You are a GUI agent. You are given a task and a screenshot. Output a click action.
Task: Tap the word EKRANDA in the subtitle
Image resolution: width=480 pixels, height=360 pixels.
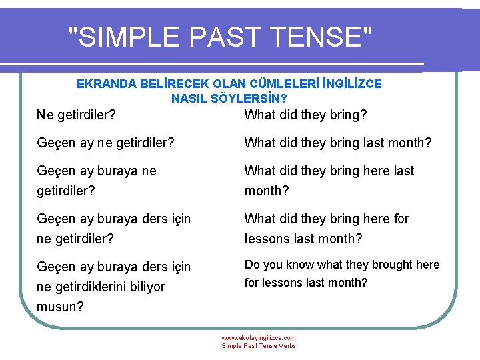click(x=105, y=84)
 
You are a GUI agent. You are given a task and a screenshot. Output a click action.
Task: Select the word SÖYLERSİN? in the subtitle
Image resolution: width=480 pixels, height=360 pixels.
click(x=259, y=98)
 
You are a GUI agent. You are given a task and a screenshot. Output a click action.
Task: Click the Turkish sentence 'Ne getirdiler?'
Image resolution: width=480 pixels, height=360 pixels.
click(x=76, y=115)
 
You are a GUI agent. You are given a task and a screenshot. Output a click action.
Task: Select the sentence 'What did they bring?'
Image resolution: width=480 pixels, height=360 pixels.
click(x=305, y=115)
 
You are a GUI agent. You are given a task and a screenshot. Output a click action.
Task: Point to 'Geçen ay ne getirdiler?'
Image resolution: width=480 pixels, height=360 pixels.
click(x=105, y=143)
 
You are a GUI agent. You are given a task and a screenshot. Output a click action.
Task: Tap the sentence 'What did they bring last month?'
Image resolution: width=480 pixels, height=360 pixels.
click(x=338, y=143)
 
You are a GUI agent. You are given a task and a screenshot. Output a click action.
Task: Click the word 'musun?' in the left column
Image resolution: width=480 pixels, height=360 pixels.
click(x=59, y=307)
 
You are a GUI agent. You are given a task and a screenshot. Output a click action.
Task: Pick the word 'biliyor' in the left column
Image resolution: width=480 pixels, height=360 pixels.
click(x=143, y=287)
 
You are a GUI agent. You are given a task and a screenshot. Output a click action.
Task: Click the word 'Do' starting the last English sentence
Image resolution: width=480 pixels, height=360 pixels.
click(x=253, y=265)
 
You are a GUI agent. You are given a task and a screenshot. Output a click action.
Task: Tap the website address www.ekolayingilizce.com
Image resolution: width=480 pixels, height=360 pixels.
click(x=259, y=338)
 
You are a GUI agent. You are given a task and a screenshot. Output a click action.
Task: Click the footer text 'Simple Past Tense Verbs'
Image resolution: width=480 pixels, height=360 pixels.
click(x=259, y=346)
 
